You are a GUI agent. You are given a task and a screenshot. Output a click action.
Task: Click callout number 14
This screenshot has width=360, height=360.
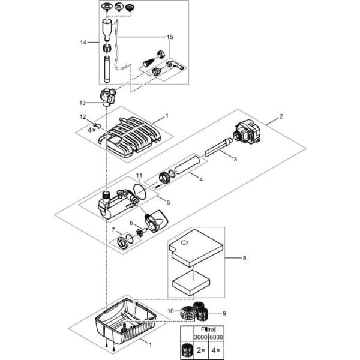(84, 42)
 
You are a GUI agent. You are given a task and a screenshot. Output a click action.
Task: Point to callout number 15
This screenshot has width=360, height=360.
(170, 37)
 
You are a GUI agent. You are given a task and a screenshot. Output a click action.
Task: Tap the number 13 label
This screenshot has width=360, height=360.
(84, 103)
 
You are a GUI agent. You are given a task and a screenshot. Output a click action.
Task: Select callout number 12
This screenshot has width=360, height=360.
(83, 116)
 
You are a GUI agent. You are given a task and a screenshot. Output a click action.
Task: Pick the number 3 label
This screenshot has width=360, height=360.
(235, 160)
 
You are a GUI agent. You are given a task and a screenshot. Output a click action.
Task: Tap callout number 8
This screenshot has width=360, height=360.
(244, 258)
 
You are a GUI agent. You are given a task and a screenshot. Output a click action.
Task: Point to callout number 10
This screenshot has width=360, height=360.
(170, 310)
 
